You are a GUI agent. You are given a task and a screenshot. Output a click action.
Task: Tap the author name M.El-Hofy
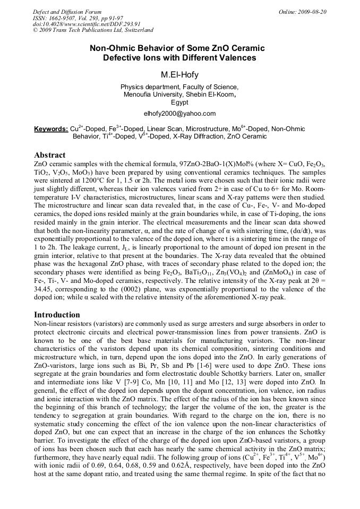[179, 74]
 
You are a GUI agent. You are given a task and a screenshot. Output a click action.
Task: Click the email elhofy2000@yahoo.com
[179, 113]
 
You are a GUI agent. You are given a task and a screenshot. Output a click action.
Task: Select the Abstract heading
[50, 155]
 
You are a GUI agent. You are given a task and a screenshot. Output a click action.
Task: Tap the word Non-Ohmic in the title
[110, 48]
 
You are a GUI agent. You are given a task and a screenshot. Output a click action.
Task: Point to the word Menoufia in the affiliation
[138, 94]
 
